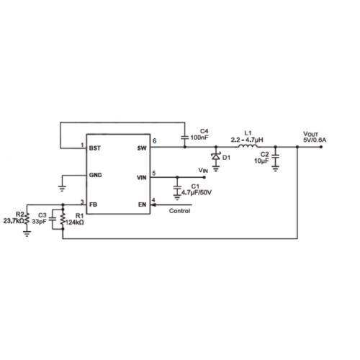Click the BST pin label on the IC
[x=95, y=148]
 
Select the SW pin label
[x=142, y=148]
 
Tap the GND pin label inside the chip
[x=95, y=175]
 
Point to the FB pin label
[x=93, y=204]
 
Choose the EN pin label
[x=142, y=204]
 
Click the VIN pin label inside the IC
[x=142, y=178]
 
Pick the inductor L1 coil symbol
[x=248, y=146]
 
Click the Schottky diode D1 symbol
[x=216, y=156]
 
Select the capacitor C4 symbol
[x=184, y=138]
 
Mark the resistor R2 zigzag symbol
[x=27, y=218]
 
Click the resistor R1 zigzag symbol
[x=63, y=218]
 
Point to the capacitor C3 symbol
[x=53, y=219]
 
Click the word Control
[x=179, y=211]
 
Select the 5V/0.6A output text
[x=315, y=140]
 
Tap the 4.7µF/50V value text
[x=197, y=192]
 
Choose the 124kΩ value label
[x=75, y=222]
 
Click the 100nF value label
[x=199, y=138]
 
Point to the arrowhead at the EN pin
[x=153, y=205]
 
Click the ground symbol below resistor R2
[x=27, y=233]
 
